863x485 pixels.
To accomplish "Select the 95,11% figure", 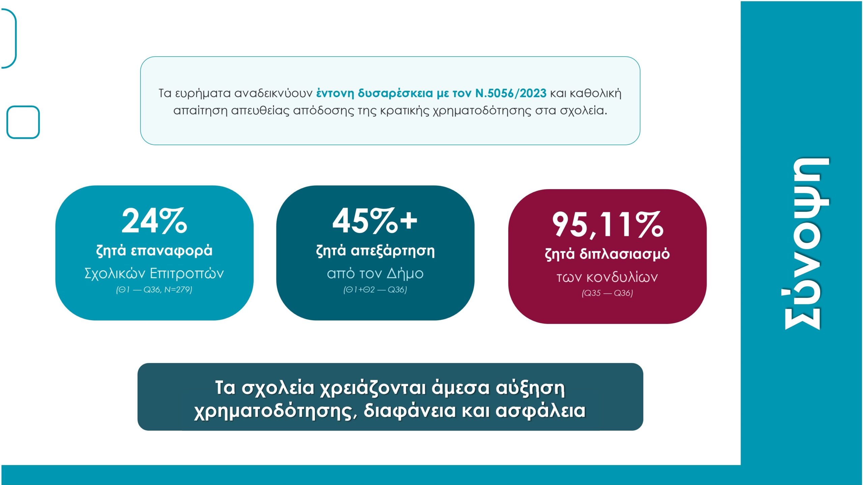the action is [607, 224].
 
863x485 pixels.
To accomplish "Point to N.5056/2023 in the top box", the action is [511, 93].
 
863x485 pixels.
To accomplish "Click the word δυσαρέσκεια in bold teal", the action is [395, 93].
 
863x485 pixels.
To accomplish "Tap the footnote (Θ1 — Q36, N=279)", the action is [154, 290].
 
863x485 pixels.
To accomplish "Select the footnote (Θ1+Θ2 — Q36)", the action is [375, 290].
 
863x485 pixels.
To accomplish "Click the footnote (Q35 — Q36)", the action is [607, 293].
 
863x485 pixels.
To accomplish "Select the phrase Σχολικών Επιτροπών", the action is [154, 273].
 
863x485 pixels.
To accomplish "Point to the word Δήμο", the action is [405, 273].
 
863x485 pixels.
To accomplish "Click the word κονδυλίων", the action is [622, 277].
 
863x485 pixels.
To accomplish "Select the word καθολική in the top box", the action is [596, 93].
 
